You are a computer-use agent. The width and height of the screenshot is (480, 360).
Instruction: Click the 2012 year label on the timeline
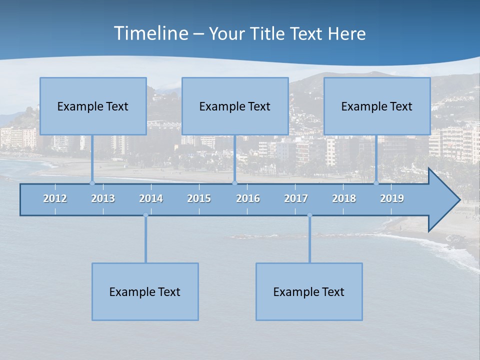coord(55,198)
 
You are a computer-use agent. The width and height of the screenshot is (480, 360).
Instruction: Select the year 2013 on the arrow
coord(103,198)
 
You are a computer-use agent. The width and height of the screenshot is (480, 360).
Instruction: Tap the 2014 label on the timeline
coord(151,198)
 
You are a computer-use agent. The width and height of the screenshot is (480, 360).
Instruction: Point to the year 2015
coord(199,198)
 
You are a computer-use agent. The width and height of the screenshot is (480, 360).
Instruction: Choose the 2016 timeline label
coord(248,198)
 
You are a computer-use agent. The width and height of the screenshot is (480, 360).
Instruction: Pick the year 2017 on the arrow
coord(296,198)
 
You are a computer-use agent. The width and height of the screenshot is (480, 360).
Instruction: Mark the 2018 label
coord(344,198)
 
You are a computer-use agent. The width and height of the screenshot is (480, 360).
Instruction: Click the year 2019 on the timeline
coord(392,198)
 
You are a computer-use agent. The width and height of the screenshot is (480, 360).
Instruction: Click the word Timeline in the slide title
coord(150,33)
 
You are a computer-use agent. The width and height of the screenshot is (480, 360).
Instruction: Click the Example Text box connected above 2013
coord(93,106)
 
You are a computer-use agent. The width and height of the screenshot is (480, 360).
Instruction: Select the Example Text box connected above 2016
coord(235,106)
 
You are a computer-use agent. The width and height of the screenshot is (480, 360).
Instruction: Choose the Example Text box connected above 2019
coord(377,106)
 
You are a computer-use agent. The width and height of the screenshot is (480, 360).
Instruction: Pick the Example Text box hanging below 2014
coord(145,292)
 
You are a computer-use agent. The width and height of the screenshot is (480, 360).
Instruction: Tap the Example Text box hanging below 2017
coord(309,292)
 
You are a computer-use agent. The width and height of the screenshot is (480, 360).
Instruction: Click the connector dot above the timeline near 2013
coord(92,183)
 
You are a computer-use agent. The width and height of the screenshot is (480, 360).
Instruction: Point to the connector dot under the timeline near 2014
coord(145,215)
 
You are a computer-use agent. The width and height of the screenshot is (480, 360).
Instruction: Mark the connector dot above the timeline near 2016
coord(234,183)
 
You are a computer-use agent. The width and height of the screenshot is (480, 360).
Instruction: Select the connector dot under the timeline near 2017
coord(309,215)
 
